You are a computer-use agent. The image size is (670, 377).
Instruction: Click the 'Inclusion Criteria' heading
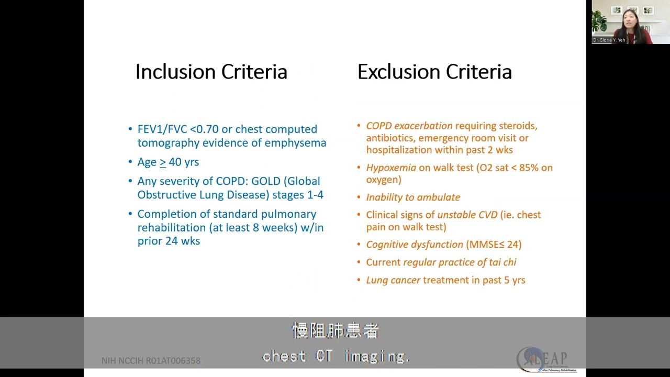point(211,72)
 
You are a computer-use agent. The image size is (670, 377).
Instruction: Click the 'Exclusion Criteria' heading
point(434,72)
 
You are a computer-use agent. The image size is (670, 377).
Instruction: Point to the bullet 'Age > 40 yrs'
point(167,162)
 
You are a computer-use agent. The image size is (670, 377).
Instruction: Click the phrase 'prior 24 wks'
point(169,241)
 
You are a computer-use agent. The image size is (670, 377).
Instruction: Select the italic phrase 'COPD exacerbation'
point(409,126)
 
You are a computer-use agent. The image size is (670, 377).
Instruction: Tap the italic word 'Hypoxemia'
point(391,168)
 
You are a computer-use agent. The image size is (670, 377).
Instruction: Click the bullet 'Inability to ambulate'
point(412,197)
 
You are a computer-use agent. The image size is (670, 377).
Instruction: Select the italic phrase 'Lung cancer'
point(393,280)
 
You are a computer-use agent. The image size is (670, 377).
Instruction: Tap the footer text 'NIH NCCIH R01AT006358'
point(151,361)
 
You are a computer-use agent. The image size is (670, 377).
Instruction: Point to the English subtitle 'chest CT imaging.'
point(335,357)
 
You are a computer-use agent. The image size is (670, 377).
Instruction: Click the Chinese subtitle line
point(335,331)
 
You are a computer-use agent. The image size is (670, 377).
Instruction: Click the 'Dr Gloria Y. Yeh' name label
point(609,40)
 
